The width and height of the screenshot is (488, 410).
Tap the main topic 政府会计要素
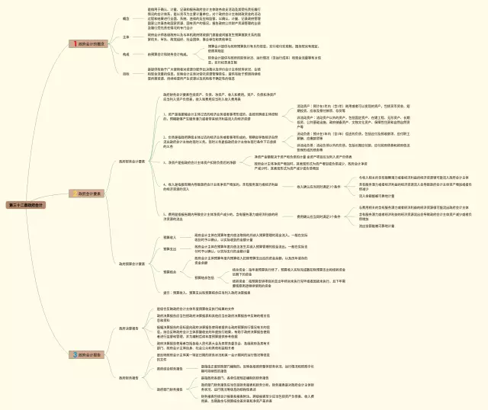pyautogui.click(x=92, y=194)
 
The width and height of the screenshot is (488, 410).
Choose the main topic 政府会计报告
pyautogui.click(x=92, y=354)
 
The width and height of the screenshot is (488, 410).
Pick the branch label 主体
pyautogui.click(x=125, y=37)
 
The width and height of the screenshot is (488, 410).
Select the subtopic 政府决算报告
pyautogui.click(x=129, y=328)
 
